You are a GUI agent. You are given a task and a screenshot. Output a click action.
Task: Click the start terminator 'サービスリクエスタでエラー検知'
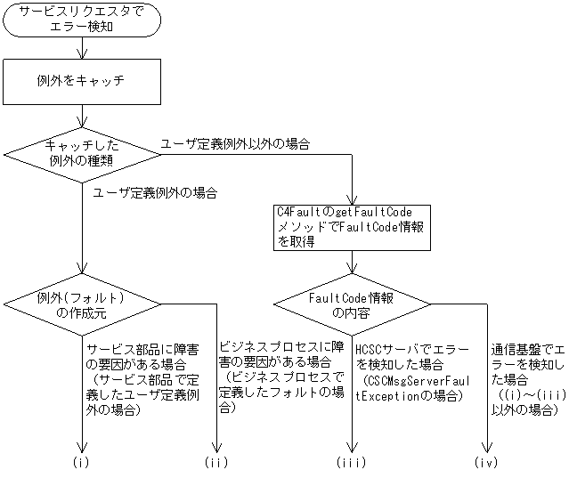82,20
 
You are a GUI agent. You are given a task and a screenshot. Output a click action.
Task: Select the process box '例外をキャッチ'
82,82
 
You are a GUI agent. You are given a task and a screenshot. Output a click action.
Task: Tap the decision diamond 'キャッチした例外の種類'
82,155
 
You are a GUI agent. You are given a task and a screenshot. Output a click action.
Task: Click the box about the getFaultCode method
352,228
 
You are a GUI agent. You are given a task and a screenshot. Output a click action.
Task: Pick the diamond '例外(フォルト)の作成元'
82,304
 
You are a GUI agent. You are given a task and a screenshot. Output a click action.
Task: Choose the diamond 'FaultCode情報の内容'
352,304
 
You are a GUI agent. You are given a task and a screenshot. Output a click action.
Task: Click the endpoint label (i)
81,462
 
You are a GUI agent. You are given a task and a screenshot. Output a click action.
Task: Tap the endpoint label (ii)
216,462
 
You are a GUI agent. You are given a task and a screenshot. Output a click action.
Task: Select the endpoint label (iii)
352,462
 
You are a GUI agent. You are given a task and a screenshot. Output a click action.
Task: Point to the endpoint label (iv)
486,462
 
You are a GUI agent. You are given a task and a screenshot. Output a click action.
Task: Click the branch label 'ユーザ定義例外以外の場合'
235,144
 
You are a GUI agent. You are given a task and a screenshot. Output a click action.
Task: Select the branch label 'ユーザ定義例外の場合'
155,193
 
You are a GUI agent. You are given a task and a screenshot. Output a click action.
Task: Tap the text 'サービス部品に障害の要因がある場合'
142,357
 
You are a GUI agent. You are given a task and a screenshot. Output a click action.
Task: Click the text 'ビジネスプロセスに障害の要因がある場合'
281,355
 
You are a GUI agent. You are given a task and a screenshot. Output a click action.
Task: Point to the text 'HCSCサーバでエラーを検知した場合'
411,357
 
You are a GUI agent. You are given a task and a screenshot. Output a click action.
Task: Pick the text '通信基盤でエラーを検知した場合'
528,364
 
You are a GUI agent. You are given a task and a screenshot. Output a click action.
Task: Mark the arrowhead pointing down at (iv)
487,448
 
